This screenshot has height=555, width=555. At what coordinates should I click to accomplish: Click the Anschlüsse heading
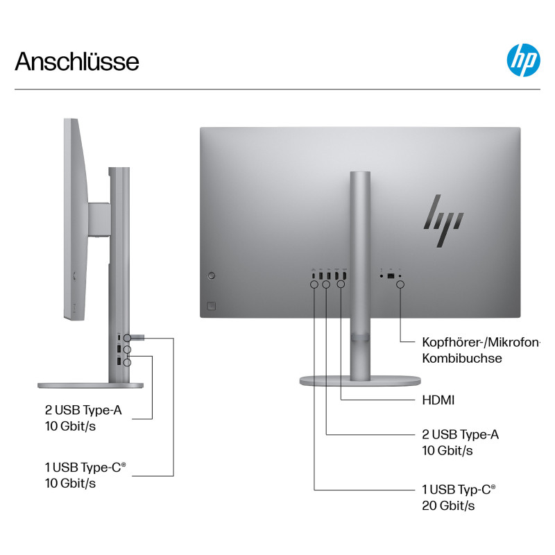point(77,61)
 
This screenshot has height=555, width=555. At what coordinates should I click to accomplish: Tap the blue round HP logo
point(524,60)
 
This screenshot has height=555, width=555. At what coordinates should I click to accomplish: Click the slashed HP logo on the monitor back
point(443,221)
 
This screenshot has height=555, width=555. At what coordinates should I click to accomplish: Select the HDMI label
point(438,400)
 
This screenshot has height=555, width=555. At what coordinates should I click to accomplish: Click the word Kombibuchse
point(462,358)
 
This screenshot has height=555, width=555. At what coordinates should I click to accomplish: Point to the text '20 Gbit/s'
point(448,506)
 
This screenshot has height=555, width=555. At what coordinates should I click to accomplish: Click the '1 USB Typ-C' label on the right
point(459,490)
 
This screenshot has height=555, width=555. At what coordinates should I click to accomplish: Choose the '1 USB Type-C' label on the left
point(85,467)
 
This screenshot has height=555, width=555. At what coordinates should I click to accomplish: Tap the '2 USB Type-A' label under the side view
point(83,410)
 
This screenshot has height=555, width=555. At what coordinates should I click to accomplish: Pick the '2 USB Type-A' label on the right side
point(460,434)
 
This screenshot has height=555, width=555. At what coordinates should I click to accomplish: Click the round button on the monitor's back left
point(212,275)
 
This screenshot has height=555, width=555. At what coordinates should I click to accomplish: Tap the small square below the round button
point(212,306)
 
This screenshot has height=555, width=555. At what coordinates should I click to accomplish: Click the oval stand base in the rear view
point(360,381)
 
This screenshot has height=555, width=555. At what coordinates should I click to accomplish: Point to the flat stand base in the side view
point(91,386)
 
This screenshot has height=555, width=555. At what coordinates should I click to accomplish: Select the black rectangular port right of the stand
point(391,276)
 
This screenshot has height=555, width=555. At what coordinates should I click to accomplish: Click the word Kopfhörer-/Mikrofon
point(481,342)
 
